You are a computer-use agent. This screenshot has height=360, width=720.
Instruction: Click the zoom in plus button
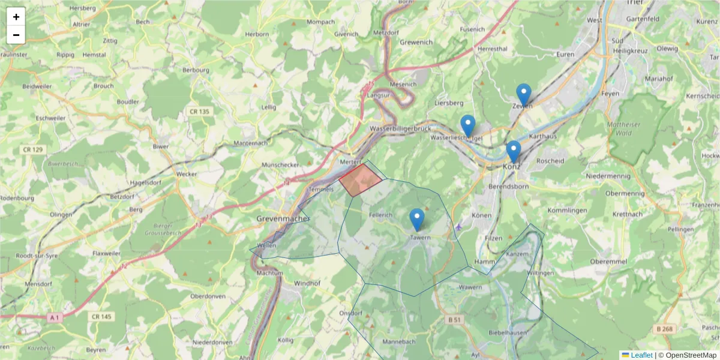pos(16,17)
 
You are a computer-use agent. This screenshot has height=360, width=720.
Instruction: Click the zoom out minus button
pos(16,35)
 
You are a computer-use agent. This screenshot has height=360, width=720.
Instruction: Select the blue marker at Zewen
pos(524,94)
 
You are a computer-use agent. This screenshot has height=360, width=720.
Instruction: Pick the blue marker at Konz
pos(513,151)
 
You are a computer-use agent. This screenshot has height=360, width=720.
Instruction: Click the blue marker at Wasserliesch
pos(468,125)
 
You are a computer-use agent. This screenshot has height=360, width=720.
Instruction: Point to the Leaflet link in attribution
pos(641,355)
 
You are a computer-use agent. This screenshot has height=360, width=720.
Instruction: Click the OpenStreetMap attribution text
pos(687,355)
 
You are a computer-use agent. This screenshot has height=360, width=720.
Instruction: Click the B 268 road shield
pos(665,329)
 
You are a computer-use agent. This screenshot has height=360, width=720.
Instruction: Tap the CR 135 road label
pos(199,112)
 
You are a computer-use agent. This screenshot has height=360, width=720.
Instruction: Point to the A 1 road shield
pos(55,317)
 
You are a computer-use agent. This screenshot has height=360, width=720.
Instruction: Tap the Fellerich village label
pos(381,214)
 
